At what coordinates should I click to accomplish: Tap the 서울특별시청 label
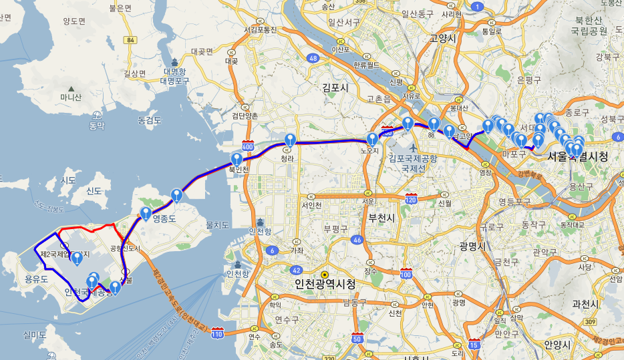(x=577, y=157)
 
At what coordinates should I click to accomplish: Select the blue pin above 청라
(x=289, y=140)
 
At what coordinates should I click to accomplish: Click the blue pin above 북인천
(x=237, y=159)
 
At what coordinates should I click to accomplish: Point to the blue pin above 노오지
(x=372, y=139)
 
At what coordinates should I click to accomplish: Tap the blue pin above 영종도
(x=146, y=214)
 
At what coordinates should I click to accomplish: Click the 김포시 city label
(x=335, y=87)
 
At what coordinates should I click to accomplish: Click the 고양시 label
(x=443, y=39)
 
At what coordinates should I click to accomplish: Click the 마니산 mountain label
(x=71, y=98)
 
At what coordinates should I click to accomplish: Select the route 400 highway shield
(x=248, y=146)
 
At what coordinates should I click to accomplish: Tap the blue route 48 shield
(x=313, y=58)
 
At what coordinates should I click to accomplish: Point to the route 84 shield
(x=130, y=41)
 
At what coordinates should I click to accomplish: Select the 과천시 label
(x=586, y=304)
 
